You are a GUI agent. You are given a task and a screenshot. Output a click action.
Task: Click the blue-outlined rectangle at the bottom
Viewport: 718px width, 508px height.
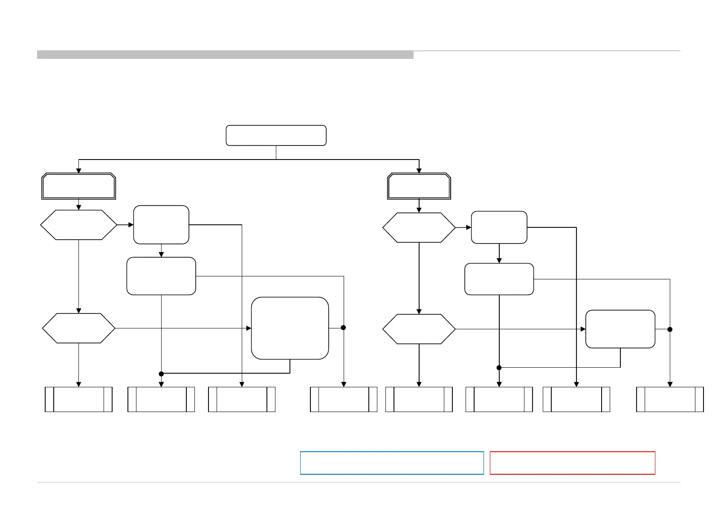click(392, 463)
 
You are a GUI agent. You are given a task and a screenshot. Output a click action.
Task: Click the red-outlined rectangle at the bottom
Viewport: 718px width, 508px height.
click(572, 463)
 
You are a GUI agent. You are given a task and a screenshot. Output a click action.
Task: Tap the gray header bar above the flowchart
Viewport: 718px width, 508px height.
click(225, 55)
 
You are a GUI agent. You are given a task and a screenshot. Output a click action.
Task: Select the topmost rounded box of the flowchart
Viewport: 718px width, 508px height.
click(276, 136)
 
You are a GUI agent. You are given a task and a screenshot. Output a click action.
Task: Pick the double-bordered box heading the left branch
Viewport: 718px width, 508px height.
click(78, 186)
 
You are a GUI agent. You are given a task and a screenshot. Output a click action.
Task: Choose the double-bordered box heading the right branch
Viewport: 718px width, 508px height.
click(419, 186)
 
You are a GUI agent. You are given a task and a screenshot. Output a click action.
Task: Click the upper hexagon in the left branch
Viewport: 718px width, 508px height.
click(78, 225)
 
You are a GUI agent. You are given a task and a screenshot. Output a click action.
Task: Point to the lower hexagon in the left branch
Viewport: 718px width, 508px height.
click(78, 328)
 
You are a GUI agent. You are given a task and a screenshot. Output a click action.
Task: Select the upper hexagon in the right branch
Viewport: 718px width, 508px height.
click(419, 228)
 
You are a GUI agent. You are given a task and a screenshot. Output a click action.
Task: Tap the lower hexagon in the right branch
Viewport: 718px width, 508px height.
click(419, 329)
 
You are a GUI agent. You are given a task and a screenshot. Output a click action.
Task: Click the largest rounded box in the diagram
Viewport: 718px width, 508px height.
click(290, 328)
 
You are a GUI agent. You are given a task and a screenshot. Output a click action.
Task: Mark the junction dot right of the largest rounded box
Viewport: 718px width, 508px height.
click(343, 328)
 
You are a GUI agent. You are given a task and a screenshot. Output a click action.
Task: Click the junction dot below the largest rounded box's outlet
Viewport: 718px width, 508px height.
click(161, 374)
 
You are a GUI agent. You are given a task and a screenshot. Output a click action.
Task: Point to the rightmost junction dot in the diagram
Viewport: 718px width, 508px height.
click(670, 329)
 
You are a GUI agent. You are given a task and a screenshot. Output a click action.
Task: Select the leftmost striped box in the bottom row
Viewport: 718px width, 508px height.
click(78, 399)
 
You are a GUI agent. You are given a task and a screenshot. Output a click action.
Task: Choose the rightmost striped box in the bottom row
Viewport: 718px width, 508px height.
click(670, 399)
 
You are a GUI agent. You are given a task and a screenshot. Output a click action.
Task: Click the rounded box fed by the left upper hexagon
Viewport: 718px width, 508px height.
click(161, 225)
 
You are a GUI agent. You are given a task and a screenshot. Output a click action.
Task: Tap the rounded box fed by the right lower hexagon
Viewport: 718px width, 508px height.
click(620, 329)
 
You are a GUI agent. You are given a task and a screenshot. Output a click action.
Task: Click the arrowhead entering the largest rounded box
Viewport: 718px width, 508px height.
click(249, 328)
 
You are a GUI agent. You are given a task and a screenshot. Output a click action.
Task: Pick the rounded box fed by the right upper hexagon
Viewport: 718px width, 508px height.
click(499, 227)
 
